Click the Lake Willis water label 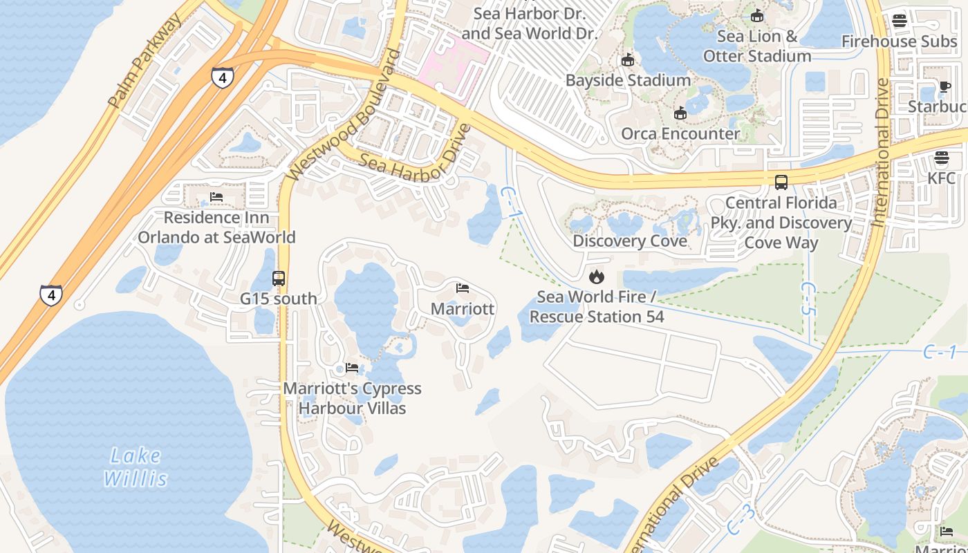pyautogui.click(x=136, y=467)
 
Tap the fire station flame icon pyautogui.click(x=596, y=277)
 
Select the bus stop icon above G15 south pyautogui.click(x=279, y=279)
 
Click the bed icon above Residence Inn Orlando pyautogui.click(x=216, y=198)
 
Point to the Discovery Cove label pyautogui.click(x=630, y=241)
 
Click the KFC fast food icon pyautogui.click(x=941, y=158)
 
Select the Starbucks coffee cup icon pyautogui.click(x=944, y=86)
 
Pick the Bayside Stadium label pyautogui.click(x=628, y=80)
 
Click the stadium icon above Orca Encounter pyautogui.click(x=680, y=113)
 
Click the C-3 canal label pyautogui.click(x=741, y=519)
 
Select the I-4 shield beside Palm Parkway pyautogui.click(x=222, y=77)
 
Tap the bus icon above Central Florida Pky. pyautogui.click(x=781, y=182)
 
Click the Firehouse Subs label pyautogui.click(x=899, y=41)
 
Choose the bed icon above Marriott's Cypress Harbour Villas pyautogui.click(x=352, y=368)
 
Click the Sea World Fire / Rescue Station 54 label pyautogui.click(x=596, y=307)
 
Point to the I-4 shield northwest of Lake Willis pyautogui.click(x=50, y=295)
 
